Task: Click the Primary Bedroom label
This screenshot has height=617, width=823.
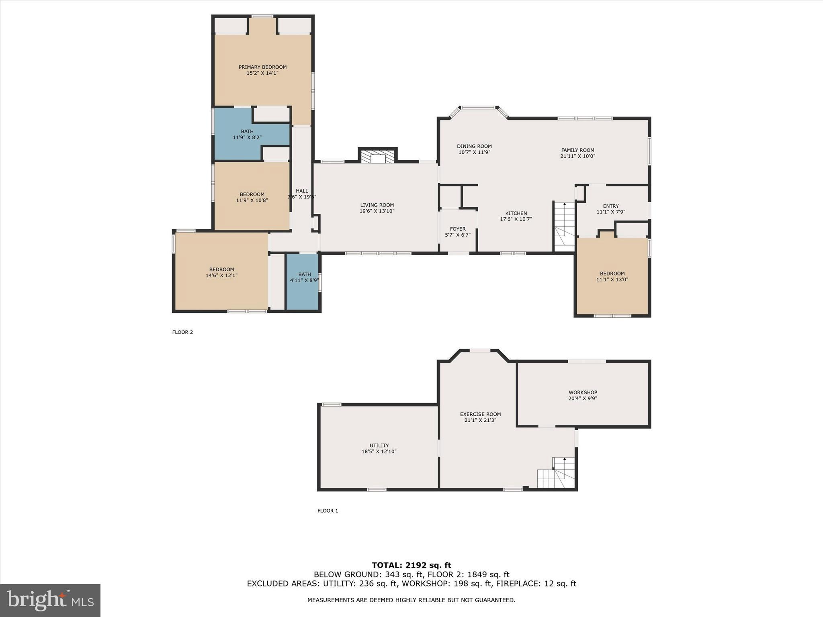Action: click(x=262, y=67)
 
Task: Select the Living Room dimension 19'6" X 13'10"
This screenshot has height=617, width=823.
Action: click(x=377, y=211)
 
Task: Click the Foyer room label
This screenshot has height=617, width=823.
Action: click(x=458, y=229)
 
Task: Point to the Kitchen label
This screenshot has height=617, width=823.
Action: click(x=516, y=213)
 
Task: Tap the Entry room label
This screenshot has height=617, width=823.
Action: click(x=611, y=206)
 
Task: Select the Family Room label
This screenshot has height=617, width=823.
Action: click(x=577, y=150)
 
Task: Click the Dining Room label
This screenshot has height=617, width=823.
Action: click(x=474, y=146)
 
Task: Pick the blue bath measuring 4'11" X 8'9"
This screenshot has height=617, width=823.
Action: click(x=304, y=281)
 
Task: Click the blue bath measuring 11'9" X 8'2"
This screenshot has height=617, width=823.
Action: click(x=247, y=134)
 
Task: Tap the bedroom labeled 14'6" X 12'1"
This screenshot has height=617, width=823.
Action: click(x=221, y=272)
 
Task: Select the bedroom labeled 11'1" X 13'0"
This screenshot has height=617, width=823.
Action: click(x=612, y=276)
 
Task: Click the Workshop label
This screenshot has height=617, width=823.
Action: click(x=583, y=392)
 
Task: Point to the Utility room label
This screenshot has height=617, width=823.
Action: click(x=379, y=445)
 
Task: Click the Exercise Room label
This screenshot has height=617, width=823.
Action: click(x=480, y=414)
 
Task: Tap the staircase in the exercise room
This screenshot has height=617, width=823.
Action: click(x=557, y=474)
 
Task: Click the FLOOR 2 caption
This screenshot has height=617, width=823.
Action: click(x=182, y=332)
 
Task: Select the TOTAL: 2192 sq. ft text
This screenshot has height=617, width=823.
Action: click(x=411, y=565)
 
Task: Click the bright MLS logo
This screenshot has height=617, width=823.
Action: click(x=50, y=600)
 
